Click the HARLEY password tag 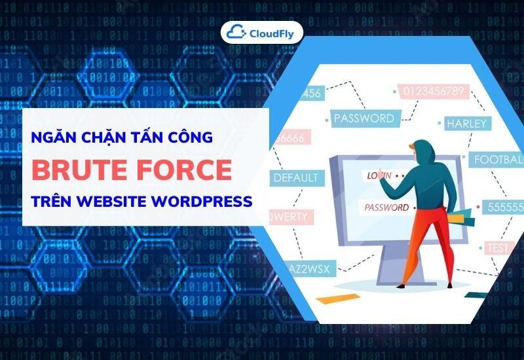coord(466,123)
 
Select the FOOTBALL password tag coord(498,159)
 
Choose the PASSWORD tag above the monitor coord(364,118)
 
